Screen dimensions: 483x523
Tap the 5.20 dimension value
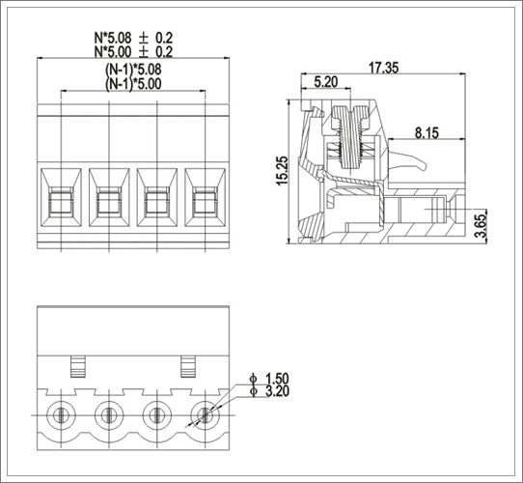point(326,83)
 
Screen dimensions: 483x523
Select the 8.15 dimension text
point(428,131)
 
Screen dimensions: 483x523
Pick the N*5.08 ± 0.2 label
point(133,38)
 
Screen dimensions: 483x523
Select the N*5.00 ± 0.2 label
point(133,51)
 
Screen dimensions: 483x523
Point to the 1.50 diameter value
point(275,378)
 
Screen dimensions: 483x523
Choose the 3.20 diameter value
point(275,391)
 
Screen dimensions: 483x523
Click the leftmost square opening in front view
point(62,202)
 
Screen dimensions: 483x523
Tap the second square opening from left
point(109,202)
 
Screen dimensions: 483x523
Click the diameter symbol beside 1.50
point(253,378)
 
